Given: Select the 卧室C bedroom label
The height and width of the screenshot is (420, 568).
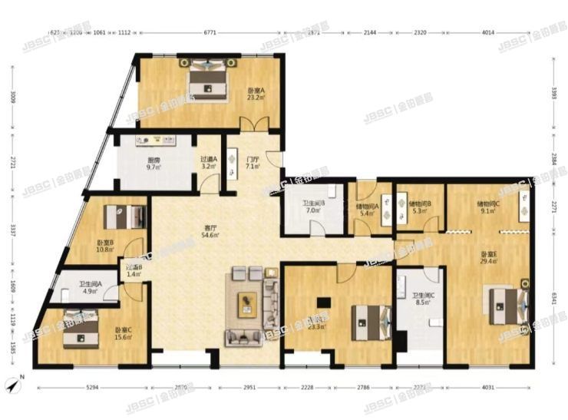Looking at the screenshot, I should [124, 332].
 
